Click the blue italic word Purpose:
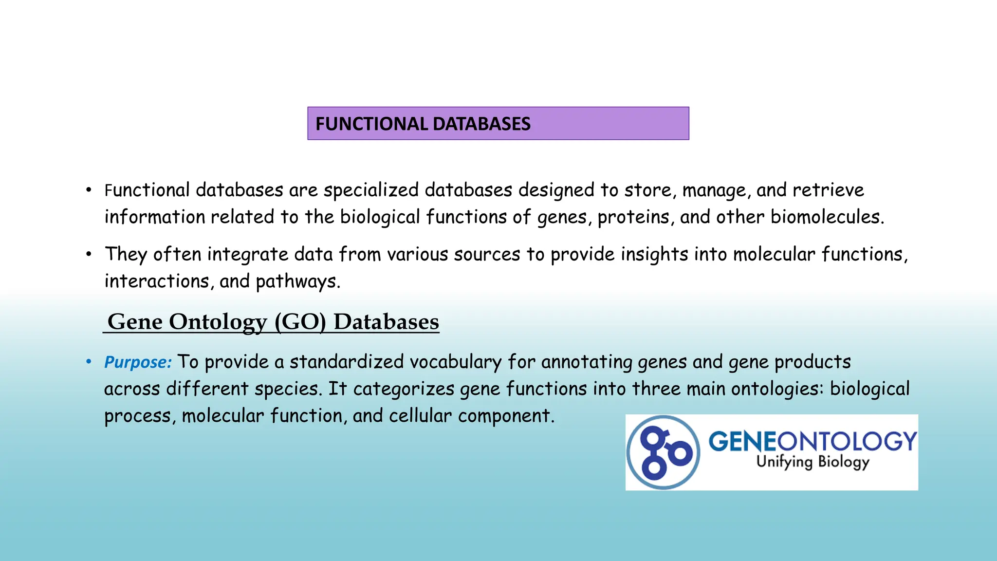click(x=138, y=362)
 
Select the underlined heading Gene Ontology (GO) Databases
click(x=273, y=322)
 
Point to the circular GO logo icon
click(x=663, y=452)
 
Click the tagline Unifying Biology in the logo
click(x=812, y=462)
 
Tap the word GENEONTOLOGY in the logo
click(x=812, y=441)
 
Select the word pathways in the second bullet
click(x=297, y=281)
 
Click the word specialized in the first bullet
click(x=370, y=190)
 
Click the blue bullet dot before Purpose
click(x=89, y=362)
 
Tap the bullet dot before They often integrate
click(x=89, y=254)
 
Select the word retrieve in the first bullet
click(x=828, y=190)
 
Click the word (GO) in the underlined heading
click(x=300, y=322)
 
